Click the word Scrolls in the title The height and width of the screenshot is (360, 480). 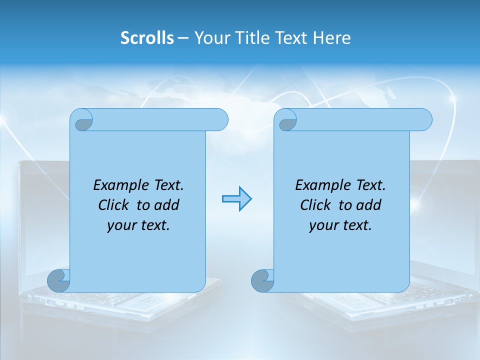pyautogui.click(x=147, y=38)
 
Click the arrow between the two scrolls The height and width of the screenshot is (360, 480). pyautogui.click(x=236, y=199)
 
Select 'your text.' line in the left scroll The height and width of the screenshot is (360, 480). pyautogui.click(x=138, y=225)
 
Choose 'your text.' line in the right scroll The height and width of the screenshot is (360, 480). pyautogui.click(x=340, y=225)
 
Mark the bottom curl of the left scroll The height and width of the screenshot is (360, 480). pyautogui.click(x=58, y=281)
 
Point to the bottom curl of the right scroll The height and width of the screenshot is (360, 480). pyautogui.click(x=262, y=281)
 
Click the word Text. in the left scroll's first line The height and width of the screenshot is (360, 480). pyautogui.click(x=166, y=185)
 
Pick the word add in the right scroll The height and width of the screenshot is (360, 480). pyautogui.click(x=368, y=205)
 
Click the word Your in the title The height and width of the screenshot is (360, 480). pyautogui.click(x=209, y=38)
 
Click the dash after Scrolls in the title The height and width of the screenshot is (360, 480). pyautogui.click(x=183, y=38)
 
